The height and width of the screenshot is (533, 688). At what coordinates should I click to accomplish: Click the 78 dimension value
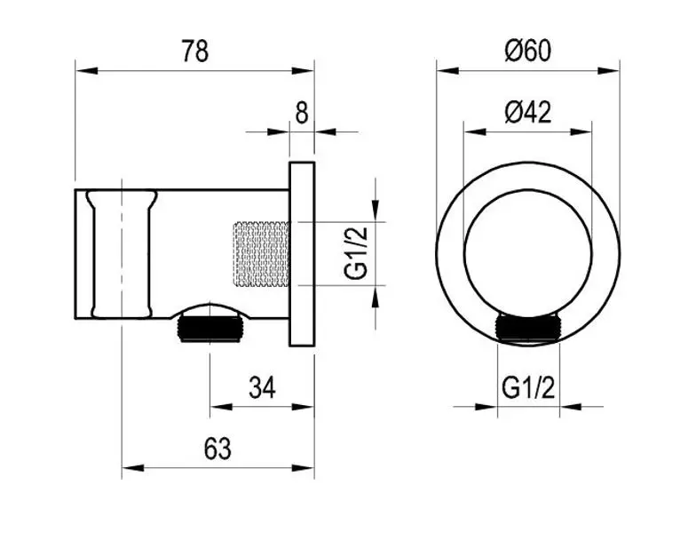[195, 51]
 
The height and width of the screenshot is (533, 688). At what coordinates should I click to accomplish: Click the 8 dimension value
[302, 114]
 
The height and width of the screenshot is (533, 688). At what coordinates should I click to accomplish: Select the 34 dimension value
[262, 387]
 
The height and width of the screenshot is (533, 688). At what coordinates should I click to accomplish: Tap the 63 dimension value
[217, 449]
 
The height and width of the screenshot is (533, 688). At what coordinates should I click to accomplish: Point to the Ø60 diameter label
[527, 51]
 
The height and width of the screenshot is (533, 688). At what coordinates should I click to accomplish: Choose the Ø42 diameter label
[528, 113]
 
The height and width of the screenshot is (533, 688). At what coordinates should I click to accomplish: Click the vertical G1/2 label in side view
[356, 254]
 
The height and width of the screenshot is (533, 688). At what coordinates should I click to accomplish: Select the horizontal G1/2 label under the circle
[528, 387]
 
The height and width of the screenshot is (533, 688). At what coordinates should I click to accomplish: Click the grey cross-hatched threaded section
[260, 254]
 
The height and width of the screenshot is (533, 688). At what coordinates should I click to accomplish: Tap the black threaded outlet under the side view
[210, 330]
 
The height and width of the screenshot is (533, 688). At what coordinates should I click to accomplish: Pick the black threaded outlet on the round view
[528, 328]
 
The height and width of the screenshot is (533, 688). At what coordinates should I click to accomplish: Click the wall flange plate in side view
[302, 254]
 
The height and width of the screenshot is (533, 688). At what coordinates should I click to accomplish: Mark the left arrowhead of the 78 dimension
[86, 70]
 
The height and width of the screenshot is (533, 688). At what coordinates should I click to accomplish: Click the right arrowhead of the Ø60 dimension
[609, 70]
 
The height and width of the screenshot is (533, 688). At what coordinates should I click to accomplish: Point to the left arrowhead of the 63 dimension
[132, 468]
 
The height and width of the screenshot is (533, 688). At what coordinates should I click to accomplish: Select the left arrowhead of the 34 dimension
[221, 407]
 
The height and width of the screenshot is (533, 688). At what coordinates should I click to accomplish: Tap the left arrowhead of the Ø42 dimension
[475, 131]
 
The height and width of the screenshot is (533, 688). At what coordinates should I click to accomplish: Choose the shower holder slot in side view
[122, 254]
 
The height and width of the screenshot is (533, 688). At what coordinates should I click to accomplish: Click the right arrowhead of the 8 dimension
[325, 131]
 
